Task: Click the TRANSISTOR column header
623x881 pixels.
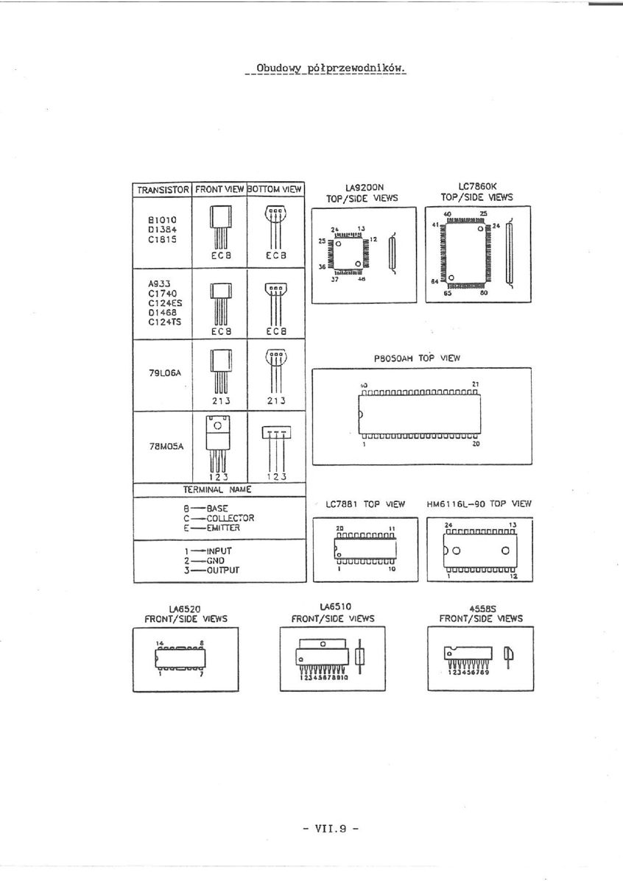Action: [x=162, y=189]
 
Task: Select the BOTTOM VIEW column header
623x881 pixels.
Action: [x=275, y=189]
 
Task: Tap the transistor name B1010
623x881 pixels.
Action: [x=161, y=219]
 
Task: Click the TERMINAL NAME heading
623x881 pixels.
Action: [x=217, y=489]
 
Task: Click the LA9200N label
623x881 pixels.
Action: [x=365, y=188]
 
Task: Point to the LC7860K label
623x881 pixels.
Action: [x=477, y=188]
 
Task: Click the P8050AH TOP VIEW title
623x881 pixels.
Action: [x=417, y=358]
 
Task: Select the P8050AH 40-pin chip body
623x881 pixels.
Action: [x=420, y=414]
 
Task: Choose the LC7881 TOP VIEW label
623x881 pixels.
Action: [x=365, y=505]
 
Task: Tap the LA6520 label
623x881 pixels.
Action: [x=185, y=609]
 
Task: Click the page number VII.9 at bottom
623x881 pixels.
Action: [x=330, y=828]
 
